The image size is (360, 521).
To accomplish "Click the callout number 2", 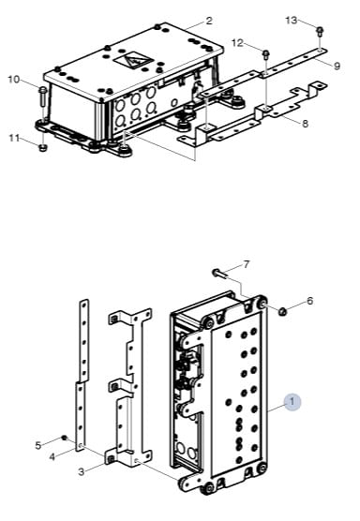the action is [x=209, y=21].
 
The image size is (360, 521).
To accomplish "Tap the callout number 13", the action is [x=292, y=21].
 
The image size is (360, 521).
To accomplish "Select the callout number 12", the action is [x=237, y=43].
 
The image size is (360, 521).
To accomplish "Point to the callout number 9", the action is [x=337, y=67].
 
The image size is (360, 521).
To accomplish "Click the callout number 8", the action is [x=305, y=124].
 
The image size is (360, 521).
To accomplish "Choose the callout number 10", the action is [x=14, y=80].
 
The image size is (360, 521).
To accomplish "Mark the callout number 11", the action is [x=14, y=138].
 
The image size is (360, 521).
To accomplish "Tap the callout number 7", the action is [x=246, y=265].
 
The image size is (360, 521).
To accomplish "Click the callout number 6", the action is [x=309, y=301].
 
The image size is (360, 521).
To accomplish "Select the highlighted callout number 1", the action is [x=292, y=402].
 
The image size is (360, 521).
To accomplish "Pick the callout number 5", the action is [x=38, y=445].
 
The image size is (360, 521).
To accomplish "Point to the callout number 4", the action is [x=52, y=457].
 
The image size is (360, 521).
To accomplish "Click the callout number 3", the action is [x=82, y=471].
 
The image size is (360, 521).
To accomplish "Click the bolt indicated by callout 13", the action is [x=320, y=31].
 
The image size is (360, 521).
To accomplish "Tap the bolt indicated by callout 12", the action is [x=266, y=53].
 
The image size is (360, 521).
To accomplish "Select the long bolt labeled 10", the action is [x=43, y=96].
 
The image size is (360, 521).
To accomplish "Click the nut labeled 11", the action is [x=42, y=147].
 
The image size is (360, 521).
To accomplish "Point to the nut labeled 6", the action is [x=282, y=312].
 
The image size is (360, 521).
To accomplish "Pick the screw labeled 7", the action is [x=219, y=273].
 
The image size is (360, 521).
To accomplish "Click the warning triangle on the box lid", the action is [x=133, y=60].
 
